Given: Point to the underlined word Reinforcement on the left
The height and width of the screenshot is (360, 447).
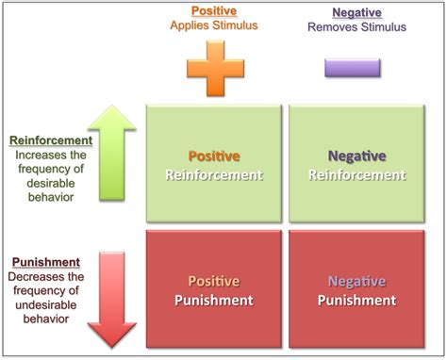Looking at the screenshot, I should coord(51,140).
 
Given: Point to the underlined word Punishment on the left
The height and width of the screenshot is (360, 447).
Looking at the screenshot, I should coord(44,262).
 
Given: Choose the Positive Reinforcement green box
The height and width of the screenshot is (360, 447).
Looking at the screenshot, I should coord(213,164).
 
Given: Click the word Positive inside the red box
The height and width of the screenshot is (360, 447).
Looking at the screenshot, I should coord(213,281).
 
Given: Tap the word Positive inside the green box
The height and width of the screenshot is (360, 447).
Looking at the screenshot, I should coord(213,155).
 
